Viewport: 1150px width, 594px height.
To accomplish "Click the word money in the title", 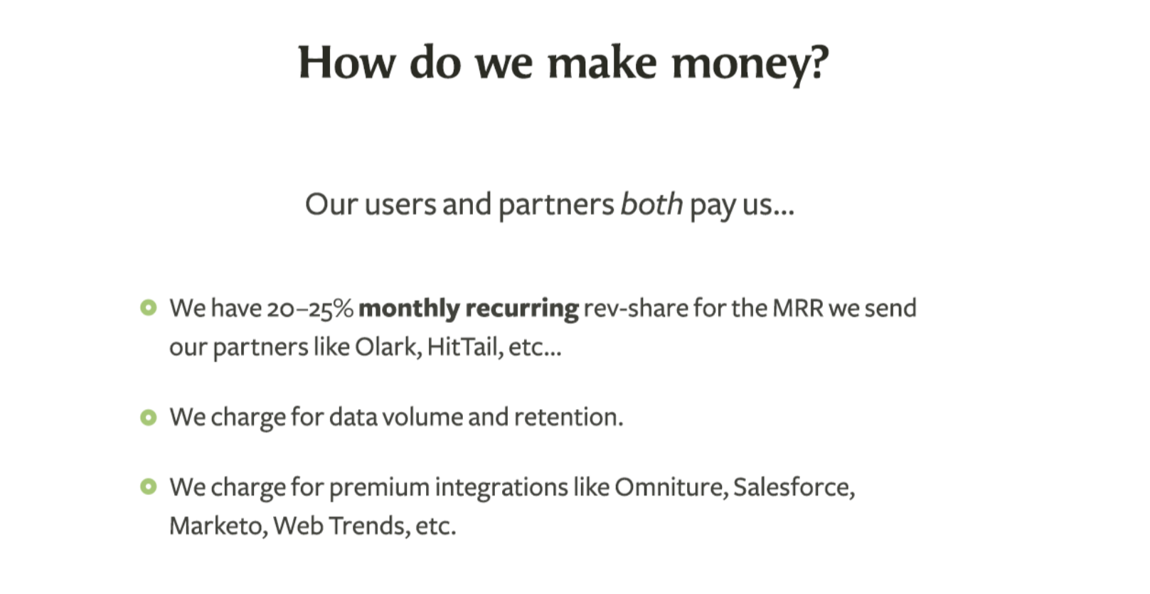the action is [x=750, y=63].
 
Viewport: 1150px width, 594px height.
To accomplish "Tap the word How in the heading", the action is [x=347, y=62].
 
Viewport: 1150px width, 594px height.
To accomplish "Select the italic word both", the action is [x=651, y=204].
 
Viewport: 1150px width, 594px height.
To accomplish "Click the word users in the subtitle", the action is [x=400, y=205].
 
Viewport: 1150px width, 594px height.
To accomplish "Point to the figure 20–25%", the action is [x=310, y=309].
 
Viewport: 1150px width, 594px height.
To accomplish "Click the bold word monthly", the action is [x=409, y=309].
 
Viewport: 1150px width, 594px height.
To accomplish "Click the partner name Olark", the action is [x=388, y=347].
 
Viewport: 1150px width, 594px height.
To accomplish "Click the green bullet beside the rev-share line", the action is [x=149, y=307].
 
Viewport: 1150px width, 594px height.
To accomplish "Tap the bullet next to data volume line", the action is [x=149, y=418].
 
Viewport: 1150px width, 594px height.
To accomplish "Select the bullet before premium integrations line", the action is [x=149, y=486].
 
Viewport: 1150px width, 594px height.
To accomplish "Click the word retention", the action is [x=569, y=417].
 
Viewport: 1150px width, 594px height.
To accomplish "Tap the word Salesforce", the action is [x=794, y=487].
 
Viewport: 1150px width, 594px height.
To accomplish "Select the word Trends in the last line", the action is [x=369, y=526].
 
